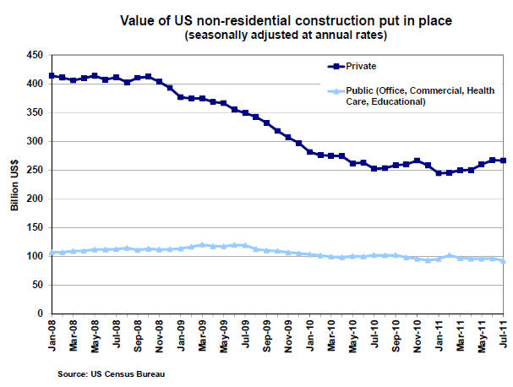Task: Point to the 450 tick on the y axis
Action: [x=35, y=54]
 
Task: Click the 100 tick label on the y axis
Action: [x=35, y=256]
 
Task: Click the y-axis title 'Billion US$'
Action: [x=14, y=183]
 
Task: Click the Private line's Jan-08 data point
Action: [x=52, y=76]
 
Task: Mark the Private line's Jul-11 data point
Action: [x=504, y=161]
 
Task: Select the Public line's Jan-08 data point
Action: [x=52, y=253]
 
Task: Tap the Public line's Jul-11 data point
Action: [x=504, y=261]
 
